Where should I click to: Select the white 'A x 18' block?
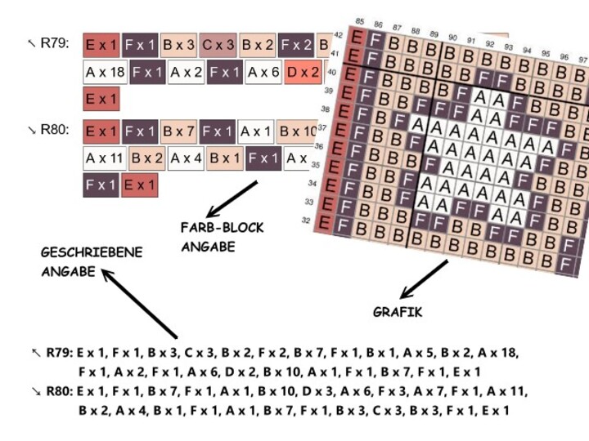click(106, 73)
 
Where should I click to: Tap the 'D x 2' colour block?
click(303, 73)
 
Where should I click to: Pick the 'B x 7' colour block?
click(179, 131)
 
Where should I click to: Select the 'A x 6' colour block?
click(263, 73)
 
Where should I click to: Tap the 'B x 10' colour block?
click(297, 131)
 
